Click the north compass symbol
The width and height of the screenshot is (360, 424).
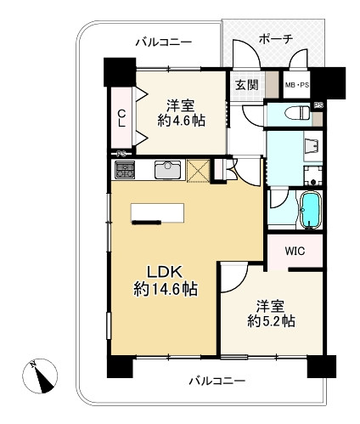pyautogui.click(x=40, y=376)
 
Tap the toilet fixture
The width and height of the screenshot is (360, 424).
pyautogui.click(x=297, y=113)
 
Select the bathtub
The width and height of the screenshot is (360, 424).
pyautogui.click(x=311, y=210)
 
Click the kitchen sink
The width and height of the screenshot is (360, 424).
pyautogui.click(x=167, y=170)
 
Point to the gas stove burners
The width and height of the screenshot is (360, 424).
pyautogui.click(x=124, y=170)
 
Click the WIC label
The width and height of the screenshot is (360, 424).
pyautogui.click(x=295, y=251)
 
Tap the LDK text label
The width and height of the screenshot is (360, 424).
pyautogui.click(x=164, y=273)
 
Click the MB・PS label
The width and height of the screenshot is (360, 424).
pyautogui.click(x=297, y=85)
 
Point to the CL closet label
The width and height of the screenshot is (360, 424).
pyautogui.click(x=121, y=118)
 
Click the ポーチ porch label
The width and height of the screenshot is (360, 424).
pyautogui.click(x=275, y=40)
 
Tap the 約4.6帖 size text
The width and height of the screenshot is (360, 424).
pyautogui.click(x=181, y=122)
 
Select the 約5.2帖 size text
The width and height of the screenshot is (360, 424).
pyautogui.click(x=271, y=321)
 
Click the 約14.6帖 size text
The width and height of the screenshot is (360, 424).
pyautogui.click(x=166, y=289)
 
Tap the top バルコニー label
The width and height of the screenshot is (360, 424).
pyautogui.click(x=164, y=42)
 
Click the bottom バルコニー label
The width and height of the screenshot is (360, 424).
pyautogui.click(x=217, y=381)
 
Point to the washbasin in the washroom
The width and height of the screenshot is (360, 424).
pyautogui.click(x=313, y=146)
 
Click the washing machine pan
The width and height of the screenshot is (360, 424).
pyautogui.click(x=313, y=176)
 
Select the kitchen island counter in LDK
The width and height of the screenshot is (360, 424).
pyautogui.click(x=158, y=213)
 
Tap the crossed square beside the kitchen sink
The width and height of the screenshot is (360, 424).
pyautogui.click(x=199, y=170)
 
